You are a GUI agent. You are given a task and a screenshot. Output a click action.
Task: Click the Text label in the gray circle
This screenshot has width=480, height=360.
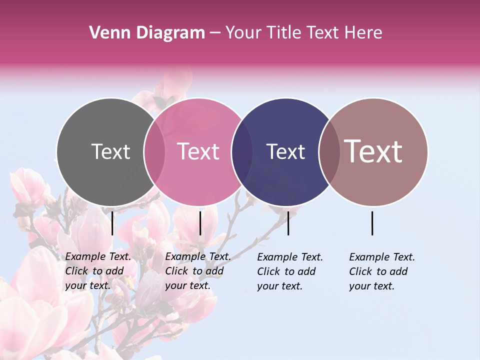coord(110,151)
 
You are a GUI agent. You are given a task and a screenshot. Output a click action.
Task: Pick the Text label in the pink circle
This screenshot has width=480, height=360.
coord(198,151)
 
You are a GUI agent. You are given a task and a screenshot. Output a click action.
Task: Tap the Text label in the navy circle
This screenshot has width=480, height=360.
coord(285,151)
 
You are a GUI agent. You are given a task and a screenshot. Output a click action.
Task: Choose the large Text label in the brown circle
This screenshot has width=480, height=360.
coord(373,151)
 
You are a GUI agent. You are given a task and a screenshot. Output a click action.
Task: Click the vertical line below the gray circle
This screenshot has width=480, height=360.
coord(112,223)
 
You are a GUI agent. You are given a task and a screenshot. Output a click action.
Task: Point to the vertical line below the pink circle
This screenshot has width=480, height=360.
coord(200,223)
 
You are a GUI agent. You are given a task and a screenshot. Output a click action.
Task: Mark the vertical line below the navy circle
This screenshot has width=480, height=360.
coord(288,223)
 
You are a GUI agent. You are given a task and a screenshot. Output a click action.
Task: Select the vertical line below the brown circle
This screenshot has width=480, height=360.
coord(372,223)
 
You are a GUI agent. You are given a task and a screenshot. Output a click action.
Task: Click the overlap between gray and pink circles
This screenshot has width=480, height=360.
coord(154,151)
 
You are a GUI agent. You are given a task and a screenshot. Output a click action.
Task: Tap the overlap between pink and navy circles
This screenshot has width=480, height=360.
coord(242,151)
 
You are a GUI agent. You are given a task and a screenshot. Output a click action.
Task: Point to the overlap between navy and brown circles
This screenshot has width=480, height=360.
coord(329,151)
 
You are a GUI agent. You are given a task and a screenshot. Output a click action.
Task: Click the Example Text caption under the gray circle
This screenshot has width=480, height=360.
coord(98,271)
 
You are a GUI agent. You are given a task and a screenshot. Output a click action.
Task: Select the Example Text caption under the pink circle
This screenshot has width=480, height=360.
coord(198,271)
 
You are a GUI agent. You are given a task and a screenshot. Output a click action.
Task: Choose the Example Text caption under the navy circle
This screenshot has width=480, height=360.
coord(290,271)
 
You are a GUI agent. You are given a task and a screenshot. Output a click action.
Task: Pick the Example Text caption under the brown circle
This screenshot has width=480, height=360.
coord(382,271)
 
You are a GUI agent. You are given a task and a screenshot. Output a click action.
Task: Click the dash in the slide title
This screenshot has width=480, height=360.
coord(215,33)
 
